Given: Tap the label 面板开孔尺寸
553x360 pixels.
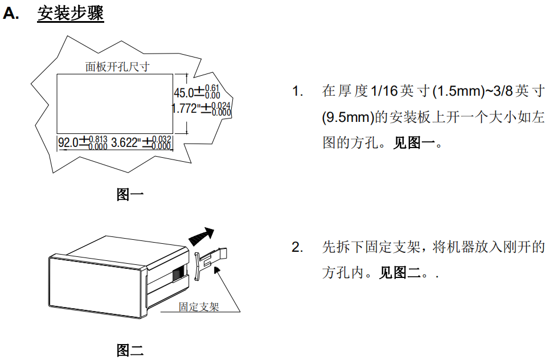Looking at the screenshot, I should tap(117, 67).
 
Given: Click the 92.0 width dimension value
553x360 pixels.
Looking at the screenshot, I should tap(68, 142).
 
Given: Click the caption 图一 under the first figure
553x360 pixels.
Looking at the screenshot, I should tap(130, 195).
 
